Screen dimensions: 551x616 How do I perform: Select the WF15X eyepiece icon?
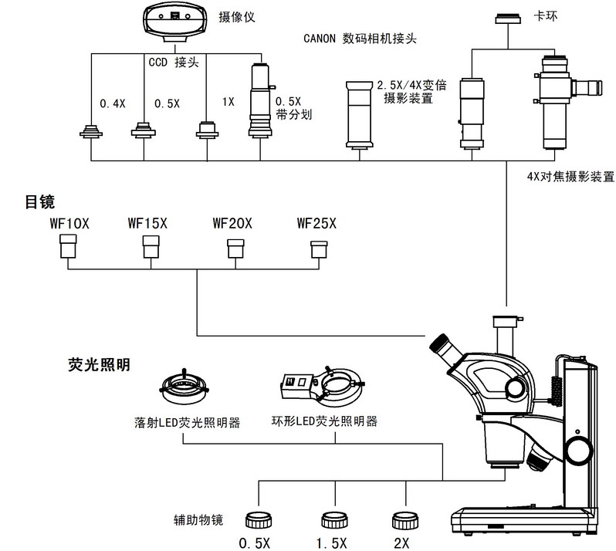click(x=150, y=247)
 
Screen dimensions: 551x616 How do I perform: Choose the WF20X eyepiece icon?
click(x=235, y=248)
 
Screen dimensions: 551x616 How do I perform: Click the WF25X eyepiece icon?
click(x=318, y=248)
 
